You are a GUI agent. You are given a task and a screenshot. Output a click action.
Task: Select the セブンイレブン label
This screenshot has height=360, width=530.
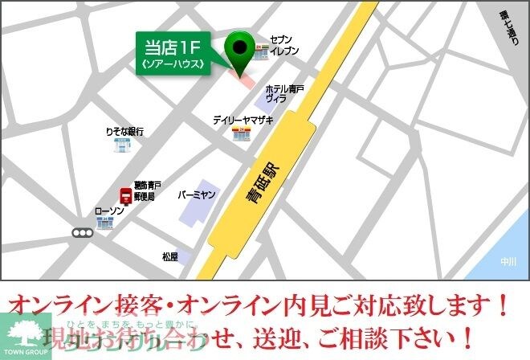tap(284, 45)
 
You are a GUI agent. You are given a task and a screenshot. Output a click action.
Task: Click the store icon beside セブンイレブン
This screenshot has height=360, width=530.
tap(262, 51)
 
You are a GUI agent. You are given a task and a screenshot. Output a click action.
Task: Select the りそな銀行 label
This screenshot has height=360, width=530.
tap(124, 131)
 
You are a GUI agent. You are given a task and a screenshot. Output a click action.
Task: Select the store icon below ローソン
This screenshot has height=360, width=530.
tap(105, 223)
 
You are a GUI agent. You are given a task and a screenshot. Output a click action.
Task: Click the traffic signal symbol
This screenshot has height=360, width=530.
tap(83, 233)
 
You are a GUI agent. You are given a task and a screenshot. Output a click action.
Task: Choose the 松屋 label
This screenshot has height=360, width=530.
tap(169, 257)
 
